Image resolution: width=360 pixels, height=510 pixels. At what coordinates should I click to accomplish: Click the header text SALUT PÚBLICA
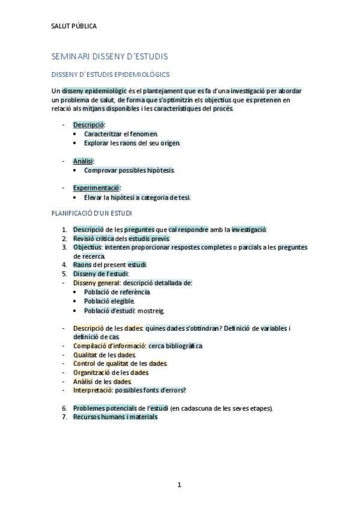point(74,26)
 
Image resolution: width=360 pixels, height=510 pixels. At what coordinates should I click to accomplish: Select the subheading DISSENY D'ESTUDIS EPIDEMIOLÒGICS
point(111,75)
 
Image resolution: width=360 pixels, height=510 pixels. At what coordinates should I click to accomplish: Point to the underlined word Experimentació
point(96,188)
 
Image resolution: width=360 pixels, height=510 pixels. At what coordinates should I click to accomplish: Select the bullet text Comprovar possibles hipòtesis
point(129,170)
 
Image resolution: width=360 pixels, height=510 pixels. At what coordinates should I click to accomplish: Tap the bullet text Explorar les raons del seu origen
point(132,143)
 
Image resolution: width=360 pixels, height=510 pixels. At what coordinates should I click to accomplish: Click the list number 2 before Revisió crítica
point(64,239)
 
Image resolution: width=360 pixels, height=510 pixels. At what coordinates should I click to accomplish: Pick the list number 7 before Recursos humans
point(64,417)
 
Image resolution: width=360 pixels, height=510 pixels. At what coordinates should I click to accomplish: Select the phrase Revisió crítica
point(93,239)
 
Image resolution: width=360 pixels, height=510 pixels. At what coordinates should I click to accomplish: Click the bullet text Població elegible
point(109,301)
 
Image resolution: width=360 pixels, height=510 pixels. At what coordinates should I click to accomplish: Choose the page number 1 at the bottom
point(179,485)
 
